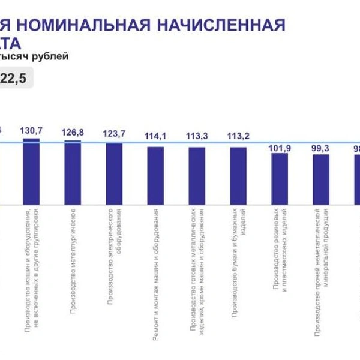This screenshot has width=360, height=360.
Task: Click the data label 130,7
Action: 31,130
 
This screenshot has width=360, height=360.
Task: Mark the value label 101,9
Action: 280,148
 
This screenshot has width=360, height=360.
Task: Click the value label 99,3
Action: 321,149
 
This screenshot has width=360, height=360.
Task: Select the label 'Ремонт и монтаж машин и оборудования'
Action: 155,275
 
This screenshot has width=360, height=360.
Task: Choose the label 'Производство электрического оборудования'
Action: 114,257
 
